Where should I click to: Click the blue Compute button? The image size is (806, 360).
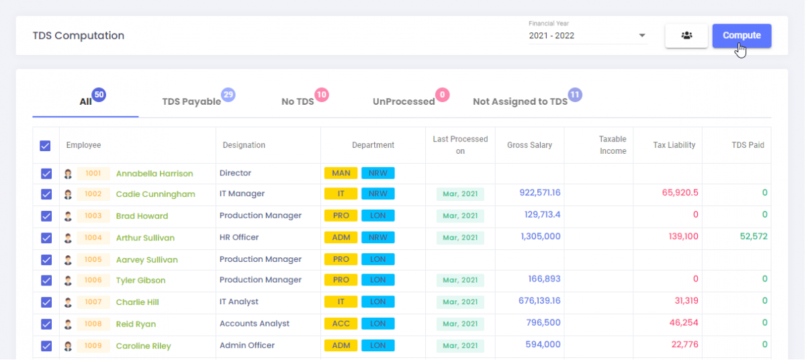tap(742, 36)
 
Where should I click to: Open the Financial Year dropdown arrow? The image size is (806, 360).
tap(642, 36)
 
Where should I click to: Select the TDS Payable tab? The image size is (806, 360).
tap(191, 101)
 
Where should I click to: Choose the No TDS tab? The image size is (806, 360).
tap(298, 101)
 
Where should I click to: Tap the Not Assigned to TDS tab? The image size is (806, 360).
tap(520, 101)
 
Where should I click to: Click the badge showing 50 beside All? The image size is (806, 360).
tap(99, 95)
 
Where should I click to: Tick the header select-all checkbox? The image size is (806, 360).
tap(45, 145)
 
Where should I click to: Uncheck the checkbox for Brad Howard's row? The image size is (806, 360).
tap(46, 216)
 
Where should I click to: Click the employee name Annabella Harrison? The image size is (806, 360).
tap(154, 173)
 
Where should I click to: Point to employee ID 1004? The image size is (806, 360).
tap(93, 238)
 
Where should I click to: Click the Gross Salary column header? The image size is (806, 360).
tap(529, 145)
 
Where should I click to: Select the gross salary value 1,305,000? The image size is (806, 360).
tap(540, 236)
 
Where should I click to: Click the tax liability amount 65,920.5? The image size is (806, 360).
tap(680, 193)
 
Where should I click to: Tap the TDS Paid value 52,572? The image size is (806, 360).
tap(753, 236)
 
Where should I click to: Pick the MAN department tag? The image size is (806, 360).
tap(341, 173)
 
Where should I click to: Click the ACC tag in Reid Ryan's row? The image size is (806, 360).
tap(341, 324)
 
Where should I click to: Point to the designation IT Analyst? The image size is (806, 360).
tap(239, 302)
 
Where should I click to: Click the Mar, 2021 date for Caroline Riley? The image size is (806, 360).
tap(460, 346)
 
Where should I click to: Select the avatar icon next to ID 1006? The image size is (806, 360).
tap(68, 281)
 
